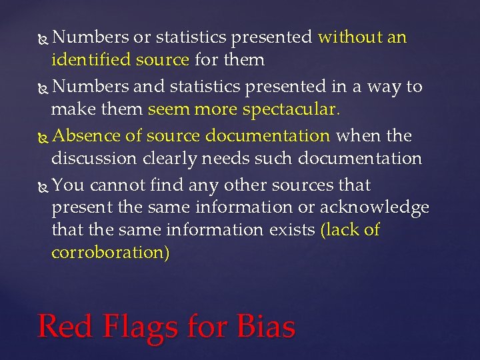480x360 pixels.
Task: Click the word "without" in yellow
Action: point(349,37)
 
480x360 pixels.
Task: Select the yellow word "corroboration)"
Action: point(111,253)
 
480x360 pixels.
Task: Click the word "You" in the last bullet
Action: point(67,185)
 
